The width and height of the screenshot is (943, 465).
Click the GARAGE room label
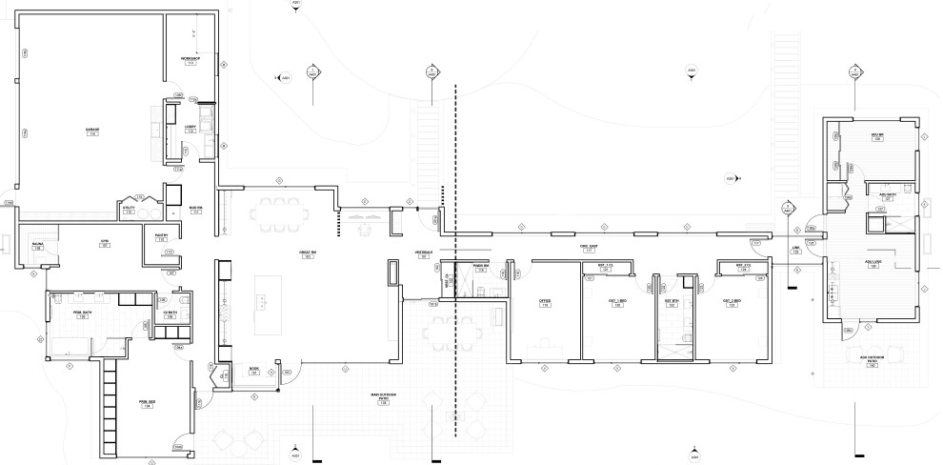tap(93, 131)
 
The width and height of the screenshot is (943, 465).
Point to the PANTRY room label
tap(161, 237)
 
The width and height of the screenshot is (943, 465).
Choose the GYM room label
tap(106, 244)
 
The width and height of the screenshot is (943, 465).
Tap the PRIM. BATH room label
tap(82, 313)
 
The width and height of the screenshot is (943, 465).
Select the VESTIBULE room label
tap(425, 254)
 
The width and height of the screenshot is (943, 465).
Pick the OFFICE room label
tap(545, 303)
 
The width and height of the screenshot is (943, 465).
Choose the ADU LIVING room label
tap(872, 264)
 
